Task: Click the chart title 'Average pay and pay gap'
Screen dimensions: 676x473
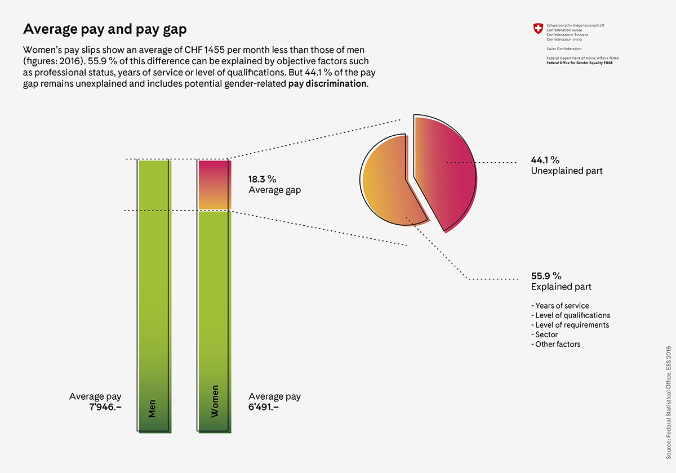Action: click(105, 29)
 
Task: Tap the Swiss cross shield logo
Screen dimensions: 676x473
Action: click(538, 29)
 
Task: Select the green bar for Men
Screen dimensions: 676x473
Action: click(154, 296)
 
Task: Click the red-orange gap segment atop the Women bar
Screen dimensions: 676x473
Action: click(214, 185)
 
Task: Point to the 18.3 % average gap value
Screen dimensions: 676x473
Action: click(263, 179)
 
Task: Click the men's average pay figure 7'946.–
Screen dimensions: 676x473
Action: click(105, 407)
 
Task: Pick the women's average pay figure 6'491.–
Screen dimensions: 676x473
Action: click(264, 407)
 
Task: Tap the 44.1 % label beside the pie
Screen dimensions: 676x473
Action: click(545, 160)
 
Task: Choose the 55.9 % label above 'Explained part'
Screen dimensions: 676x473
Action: click(546, 276)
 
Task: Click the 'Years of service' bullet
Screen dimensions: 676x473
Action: click(560, 306)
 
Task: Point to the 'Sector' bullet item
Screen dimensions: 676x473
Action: click(544, 334)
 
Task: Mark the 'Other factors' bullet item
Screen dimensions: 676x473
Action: click(555, 344)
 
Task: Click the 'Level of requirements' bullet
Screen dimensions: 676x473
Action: click(570, 325)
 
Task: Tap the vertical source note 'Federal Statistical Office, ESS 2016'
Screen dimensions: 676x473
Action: click(669, 403)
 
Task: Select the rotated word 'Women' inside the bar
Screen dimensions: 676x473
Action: click(215, 401)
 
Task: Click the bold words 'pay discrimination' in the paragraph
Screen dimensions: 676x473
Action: click(327, 83)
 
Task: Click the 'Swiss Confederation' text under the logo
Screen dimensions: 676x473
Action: click(564, 48)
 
